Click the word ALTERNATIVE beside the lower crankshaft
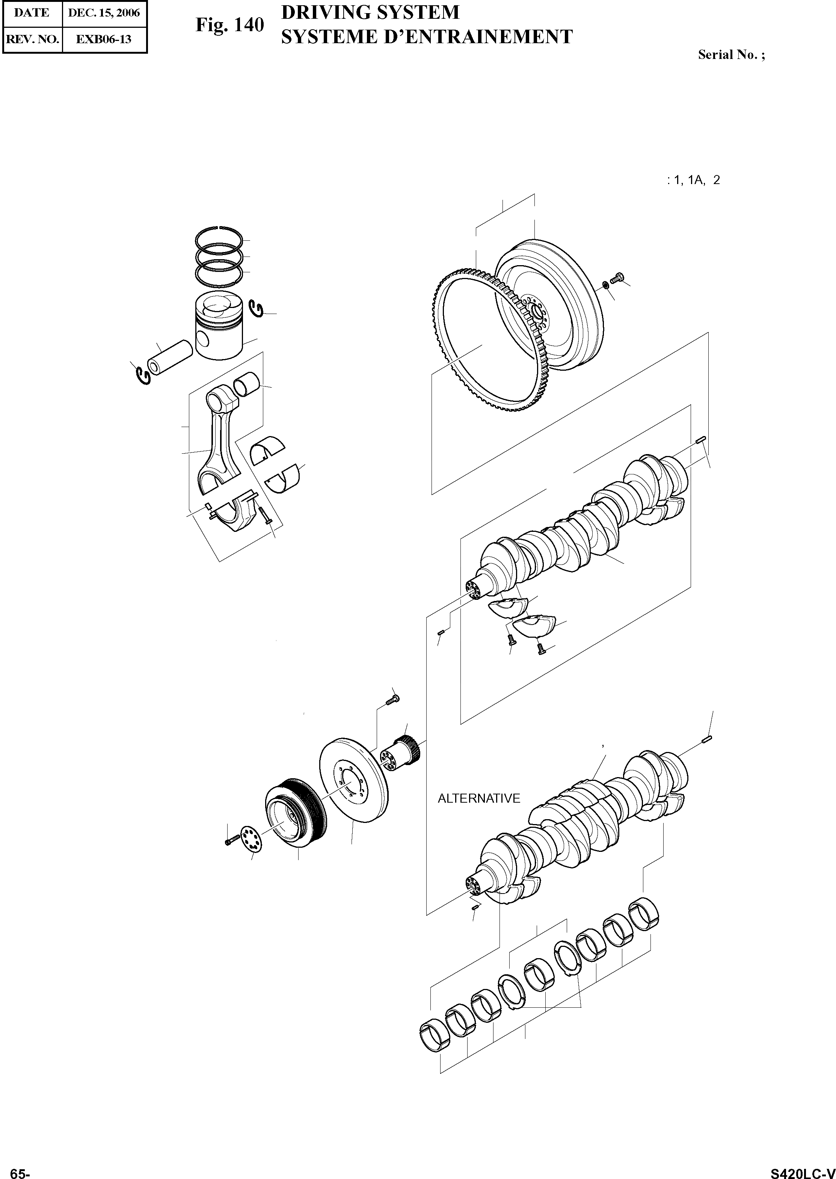tap(479, 799)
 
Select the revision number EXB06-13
tap(104, 39)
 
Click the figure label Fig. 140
tap(229, 25)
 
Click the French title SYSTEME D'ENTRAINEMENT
tap(426, 36)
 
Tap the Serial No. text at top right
tap(731, 54)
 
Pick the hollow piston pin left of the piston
tap(169, 356)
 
